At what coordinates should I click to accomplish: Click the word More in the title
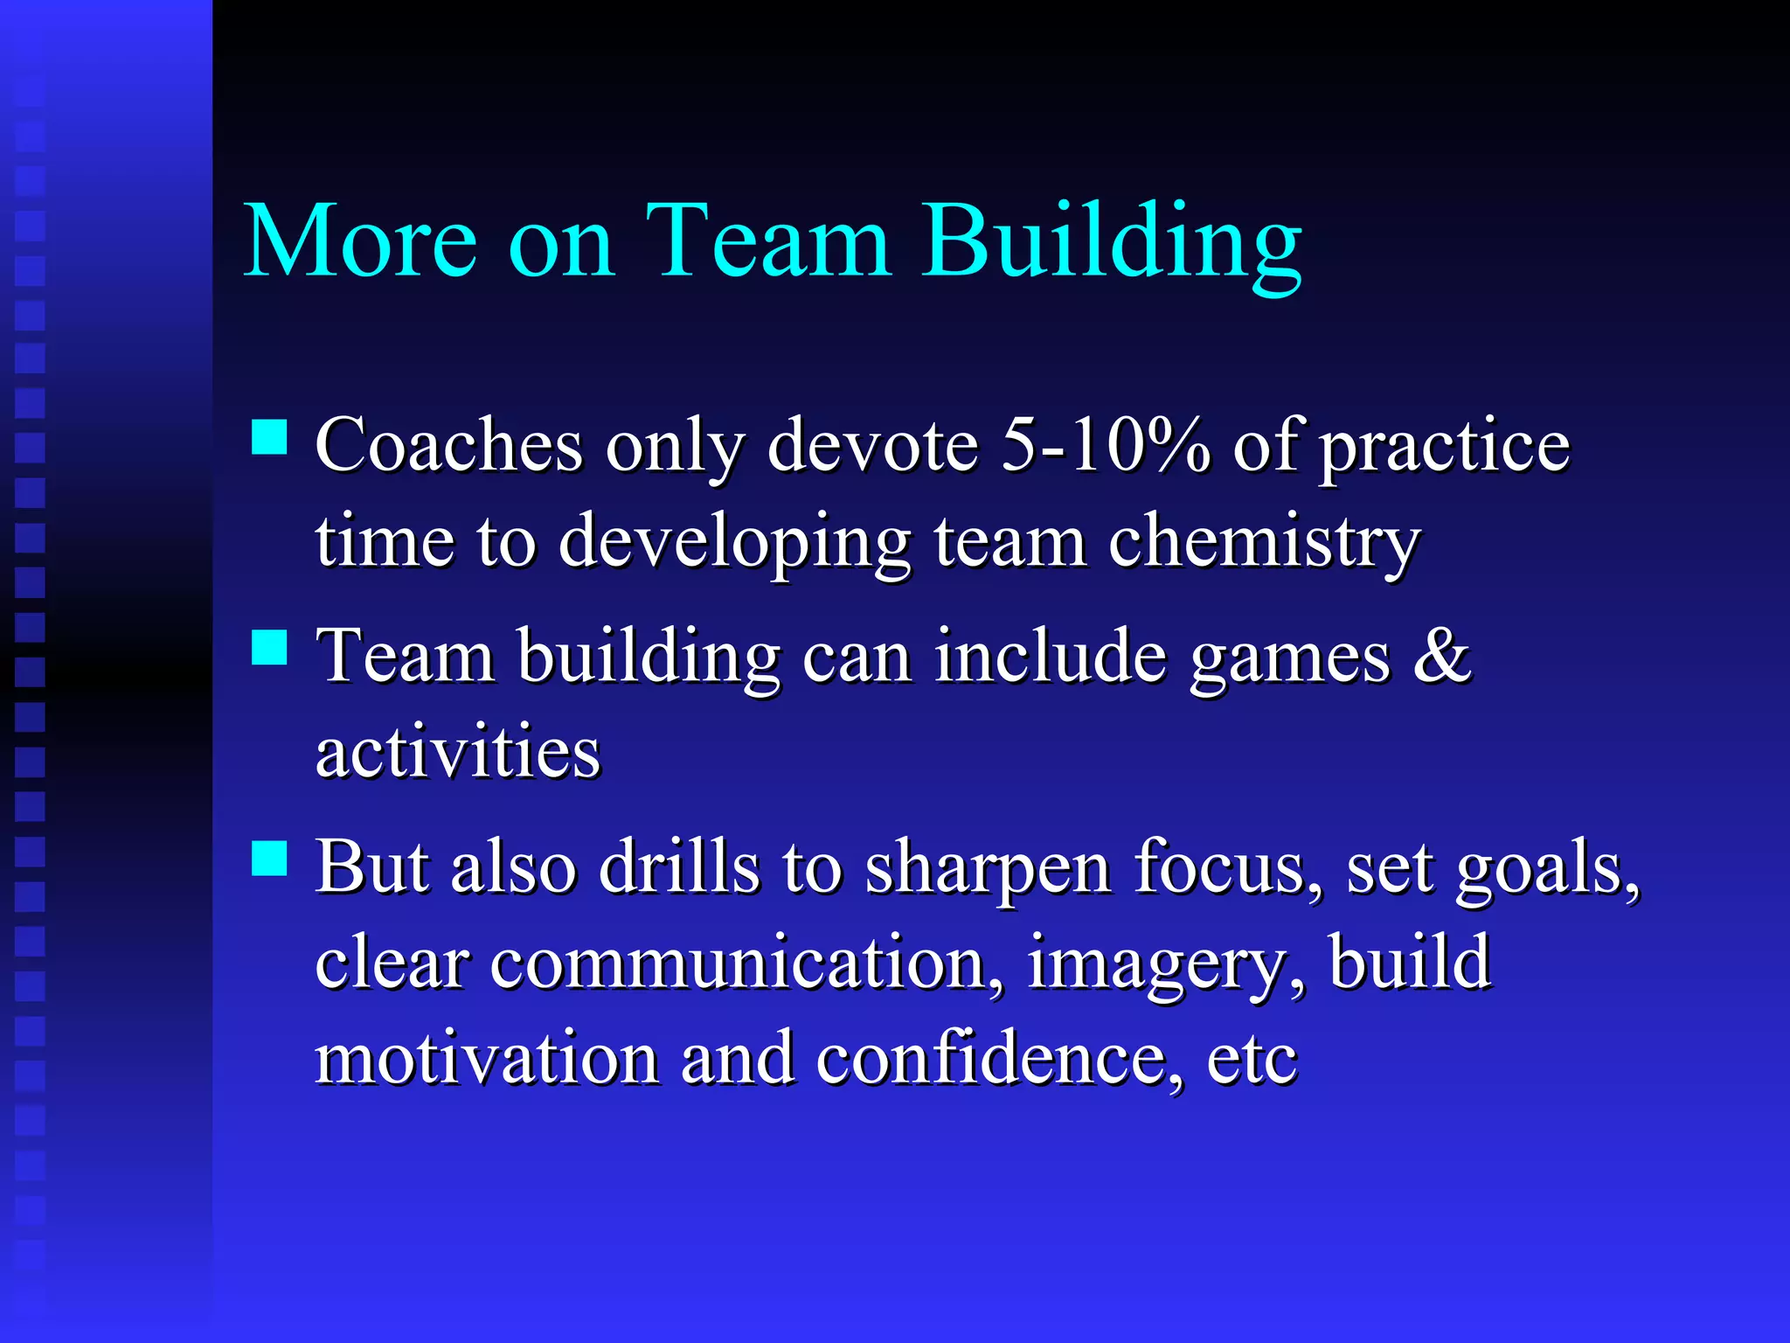pos(360,240)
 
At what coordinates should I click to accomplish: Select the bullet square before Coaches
pos(269,437)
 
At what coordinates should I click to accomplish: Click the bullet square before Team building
pos(269,648)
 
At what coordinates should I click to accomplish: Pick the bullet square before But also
pos(269,858)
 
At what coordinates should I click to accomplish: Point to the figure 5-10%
pos(1105,446)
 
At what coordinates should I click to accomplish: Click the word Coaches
pos(448,446)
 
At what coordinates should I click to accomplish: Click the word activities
pos(458,752)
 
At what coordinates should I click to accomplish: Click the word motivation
pos(487,1059)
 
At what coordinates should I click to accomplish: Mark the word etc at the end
pos(1252,1061)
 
